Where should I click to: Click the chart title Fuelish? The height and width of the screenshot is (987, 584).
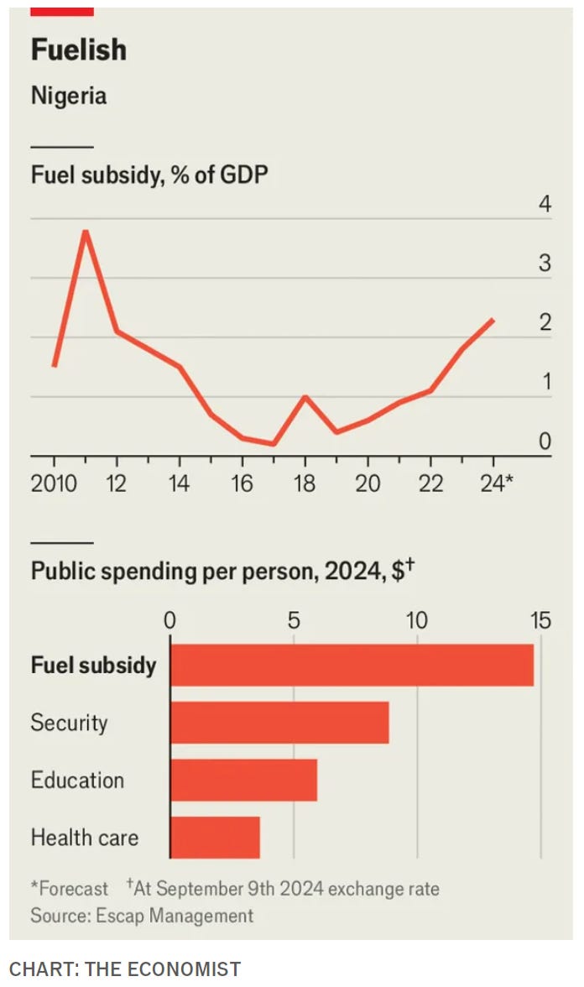pos(79,50)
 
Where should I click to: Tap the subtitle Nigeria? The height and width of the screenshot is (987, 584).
pos(69,96)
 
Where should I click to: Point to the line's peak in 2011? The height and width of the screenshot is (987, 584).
pos(86,231)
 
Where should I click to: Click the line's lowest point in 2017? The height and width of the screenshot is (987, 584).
pos(274,444)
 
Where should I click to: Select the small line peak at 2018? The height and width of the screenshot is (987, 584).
pos(305,396)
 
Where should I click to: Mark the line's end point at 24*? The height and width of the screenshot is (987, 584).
pos(493,320)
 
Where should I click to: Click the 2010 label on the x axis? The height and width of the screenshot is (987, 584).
pos(54,483)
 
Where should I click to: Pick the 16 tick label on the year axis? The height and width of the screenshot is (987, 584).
pos(242,483)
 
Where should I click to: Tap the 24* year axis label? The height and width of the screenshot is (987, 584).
pos(497,483)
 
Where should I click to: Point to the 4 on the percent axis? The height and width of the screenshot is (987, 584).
pos(545,203)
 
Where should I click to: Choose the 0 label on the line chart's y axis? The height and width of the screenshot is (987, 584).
pos(545,441)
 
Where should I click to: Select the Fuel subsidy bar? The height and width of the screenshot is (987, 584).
pos(352,665)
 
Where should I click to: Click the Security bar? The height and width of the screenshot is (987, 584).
pos(279,723)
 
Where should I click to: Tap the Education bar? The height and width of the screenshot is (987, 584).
pos(243,780)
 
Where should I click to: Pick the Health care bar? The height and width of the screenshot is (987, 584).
pos(215,838)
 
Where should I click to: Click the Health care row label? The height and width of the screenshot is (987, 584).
pos(84,838)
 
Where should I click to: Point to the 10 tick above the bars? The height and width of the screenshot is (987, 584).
pos(416,621)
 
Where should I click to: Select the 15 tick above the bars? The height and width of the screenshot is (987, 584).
pos(540,621)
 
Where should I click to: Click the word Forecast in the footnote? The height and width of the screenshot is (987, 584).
pos(73,889)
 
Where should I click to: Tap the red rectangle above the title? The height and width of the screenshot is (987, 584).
pos(62,12)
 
